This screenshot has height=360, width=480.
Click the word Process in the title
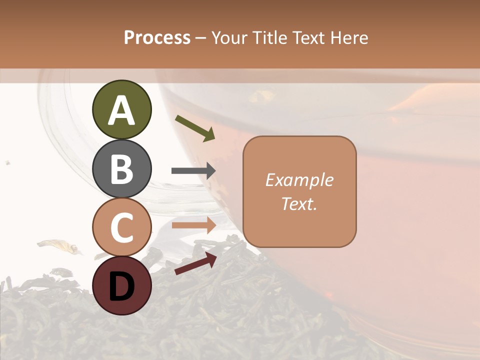pyautogui.click(x=157, y=38)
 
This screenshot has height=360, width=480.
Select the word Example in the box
pyautogui.click(x=299, y=180)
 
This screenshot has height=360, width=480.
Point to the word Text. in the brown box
pyautogui.click(x=299, y=204)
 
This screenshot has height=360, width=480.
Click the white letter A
pyautogui.click(x=121, y=111)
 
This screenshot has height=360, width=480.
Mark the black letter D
pyautogui.click(x=121, y=286)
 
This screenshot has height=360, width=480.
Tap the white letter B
pyautogui.click(x=121, y=169)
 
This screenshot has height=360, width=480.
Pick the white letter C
pyautogui.click(x=121, y=227)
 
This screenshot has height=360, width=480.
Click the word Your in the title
pyautogui.click(x=229, y=38)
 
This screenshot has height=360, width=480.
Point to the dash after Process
pyautogui.click(x=200, y=38)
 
